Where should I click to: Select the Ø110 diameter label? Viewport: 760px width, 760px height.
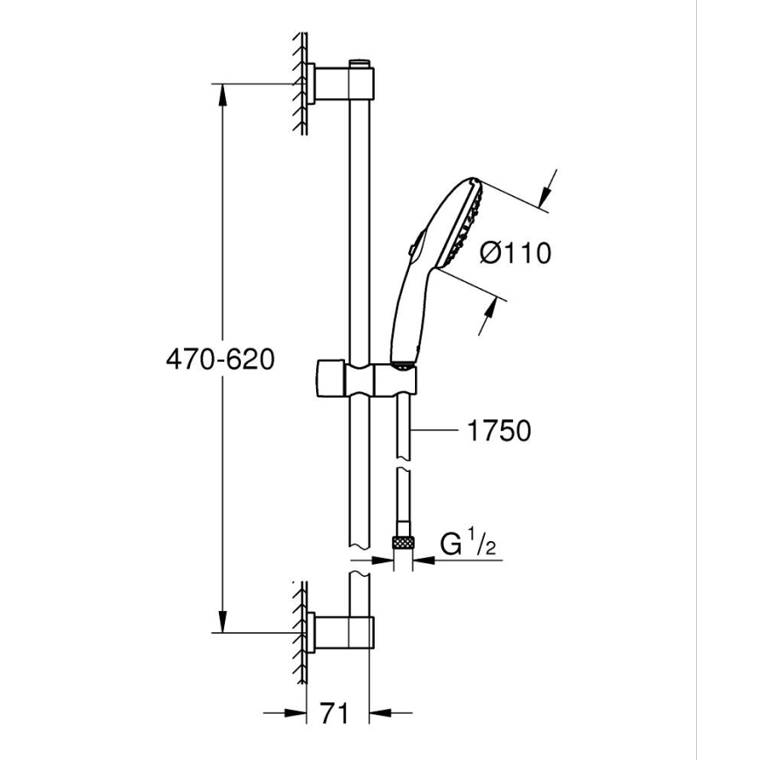(x=516, y=254)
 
